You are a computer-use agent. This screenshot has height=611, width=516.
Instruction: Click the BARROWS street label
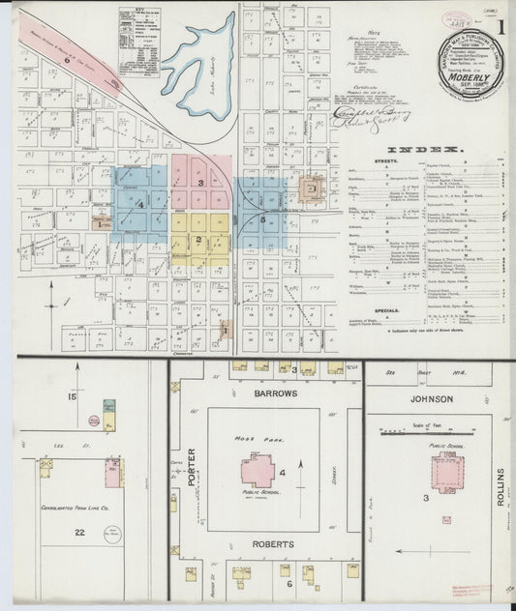point(264,394)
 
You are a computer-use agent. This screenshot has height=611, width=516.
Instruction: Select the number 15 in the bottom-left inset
point(71,396)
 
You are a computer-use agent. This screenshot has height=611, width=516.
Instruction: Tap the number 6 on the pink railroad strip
point(67,60)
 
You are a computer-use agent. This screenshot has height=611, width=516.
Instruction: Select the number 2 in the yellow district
point(197,239)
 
